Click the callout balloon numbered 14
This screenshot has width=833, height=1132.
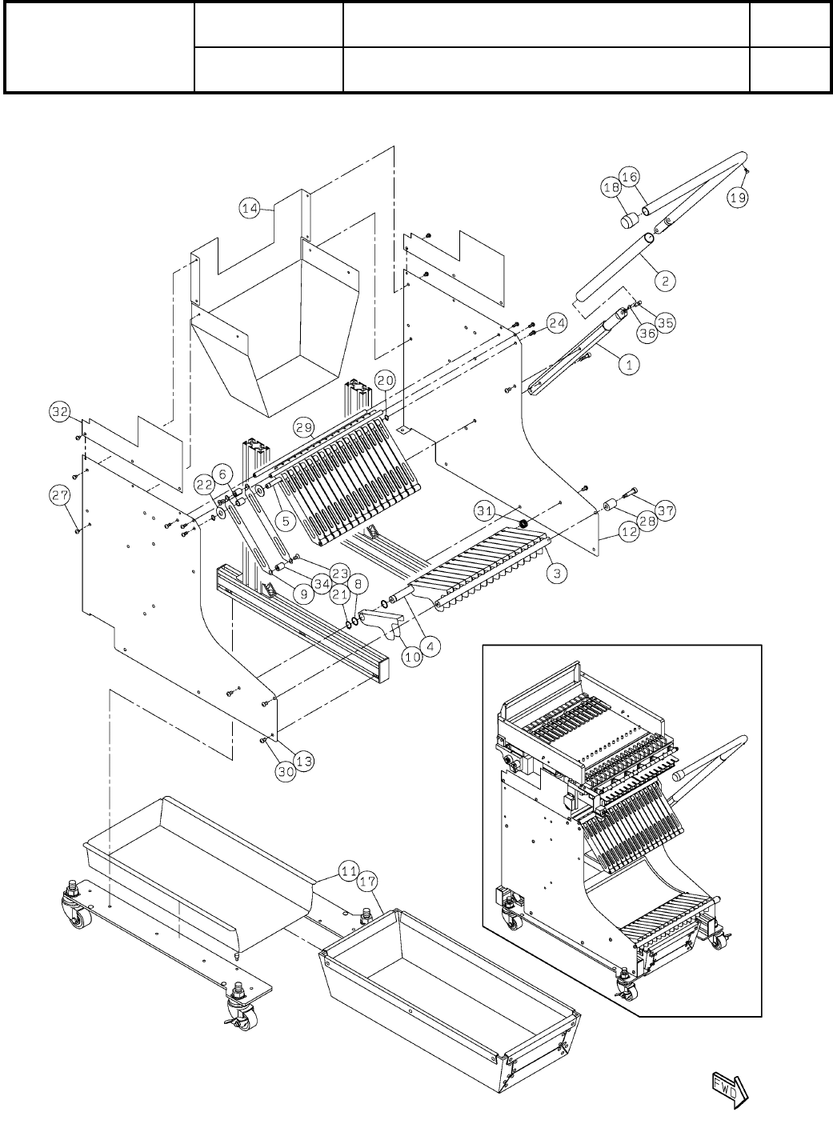250,208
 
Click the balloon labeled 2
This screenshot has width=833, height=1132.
665,281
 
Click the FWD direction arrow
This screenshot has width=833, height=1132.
729,1086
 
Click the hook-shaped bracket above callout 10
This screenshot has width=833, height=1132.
382,621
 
